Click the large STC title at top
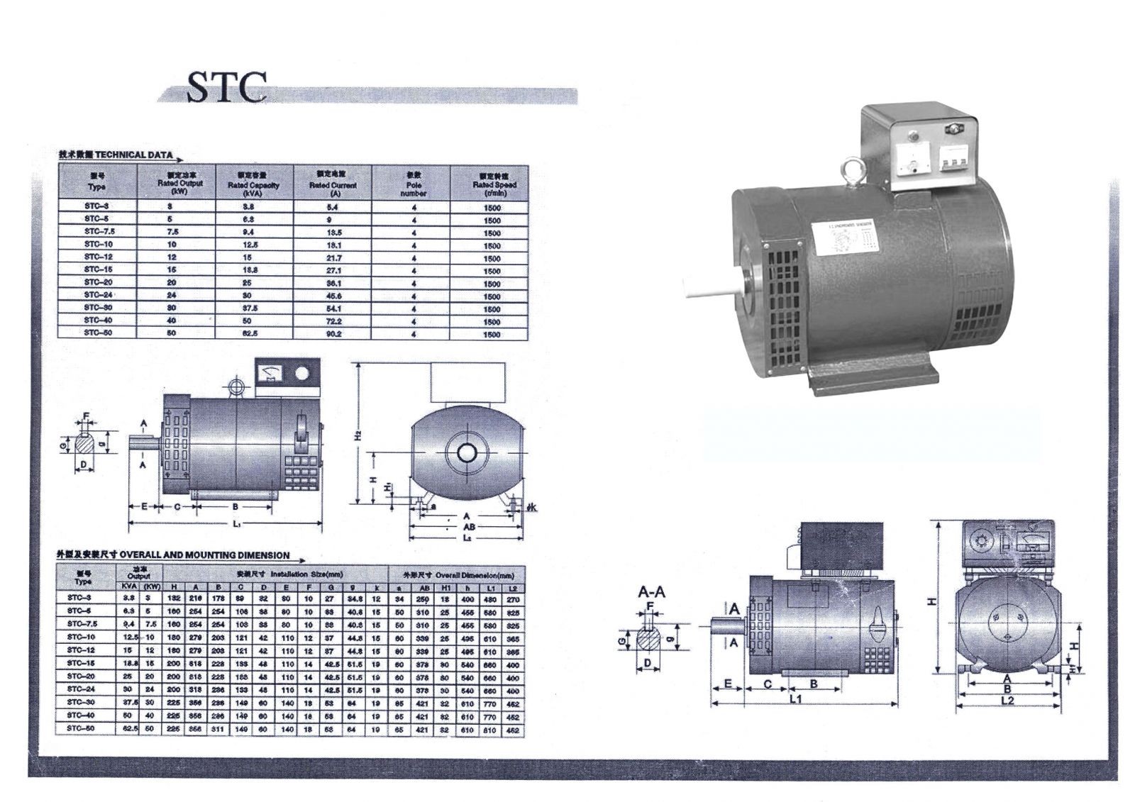click(x=226, y=87)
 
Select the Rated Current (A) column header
click(x=333, y=183)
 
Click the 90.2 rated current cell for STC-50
click(x=333, y=334)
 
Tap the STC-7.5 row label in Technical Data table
click(x=98, y=232)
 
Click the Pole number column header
click(x=414, y=183)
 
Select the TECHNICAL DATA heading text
click(x=133, y=155)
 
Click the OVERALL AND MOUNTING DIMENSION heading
click(x=204, y=555)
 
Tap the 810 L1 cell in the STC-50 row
click(x=490, y=730)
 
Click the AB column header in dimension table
click(x=423, y=588)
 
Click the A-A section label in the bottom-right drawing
click(x=651, y=592)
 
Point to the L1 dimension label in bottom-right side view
click(x=795, y=699)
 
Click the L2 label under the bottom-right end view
click(x=1007, y=701)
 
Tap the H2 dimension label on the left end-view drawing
click(x=359, y=434)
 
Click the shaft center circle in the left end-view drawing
click(x=466, y=452)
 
